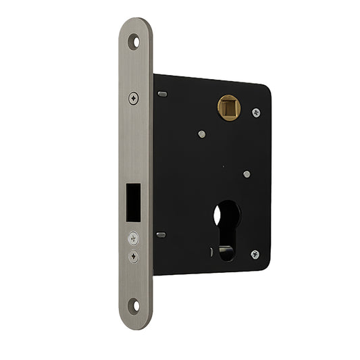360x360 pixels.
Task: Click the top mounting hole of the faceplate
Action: click(137, 41)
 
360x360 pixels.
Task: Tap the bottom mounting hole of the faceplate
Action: click(136, 305)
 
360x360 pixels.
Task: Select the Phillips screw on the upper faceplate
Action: click(134, 98)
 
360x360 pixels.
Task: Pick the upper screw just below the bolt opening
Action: click(133, 238)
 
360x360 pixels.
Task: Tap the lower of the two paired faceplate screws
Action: click(133, 256)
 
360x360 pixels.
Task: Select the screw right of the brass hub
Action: click(256, 112)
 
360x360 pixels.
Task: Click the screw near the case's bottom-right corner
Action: click(255, 254)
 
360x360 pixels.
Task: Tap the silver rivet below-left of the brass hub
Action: click(201, 134)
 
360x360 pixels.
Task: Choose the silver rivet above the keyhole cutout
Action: click(247, 174)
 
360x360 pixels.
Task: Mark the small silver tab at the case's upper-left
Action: click(161, 94)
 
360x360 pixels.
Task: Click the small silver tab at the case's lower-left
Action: click(161, 235)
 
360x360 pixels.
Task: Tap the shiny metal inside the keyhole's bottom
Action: click(227, 253)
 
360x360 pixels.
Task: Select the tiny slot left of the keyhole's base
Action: click(211, 252)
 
